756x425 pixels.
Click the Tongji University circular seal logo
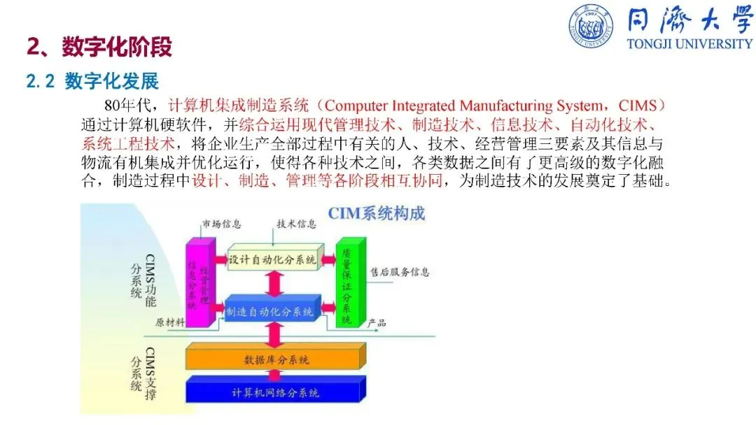pyautogui.click(x=594, y=27)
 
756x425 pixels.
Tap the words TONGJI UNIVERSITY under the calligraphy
pyautogui.click(x=689, y=43)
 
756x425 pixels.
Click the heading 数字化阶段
pyautogui.click(x=116, y=47)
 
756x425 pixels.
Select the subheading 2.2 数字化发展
pyautogui.click(x=92, y=82)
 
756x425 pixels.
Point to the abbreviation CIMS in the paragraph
pyautogui.click(x=637, y=106)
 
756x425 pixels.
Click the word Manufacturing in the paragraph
pyautogui.click(x=500, y=106)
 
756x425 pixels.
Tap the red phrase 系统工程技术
pyautogui.click(x=127, y=145)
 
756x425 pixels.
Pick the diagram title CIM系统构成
pyautogui.click(x=377, y=212)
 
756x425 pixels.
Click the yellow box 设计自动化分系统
pyautogui.click(x=273, y=259)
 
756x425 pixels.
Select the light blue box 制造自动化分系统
pyautogui.click(x=273, y=310)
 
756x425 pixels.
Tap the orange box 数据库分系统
pyautogui.click(x=276, y=359)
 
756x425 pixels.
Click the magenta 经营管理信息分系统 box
pyautogui.click(x=198, y=283)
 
